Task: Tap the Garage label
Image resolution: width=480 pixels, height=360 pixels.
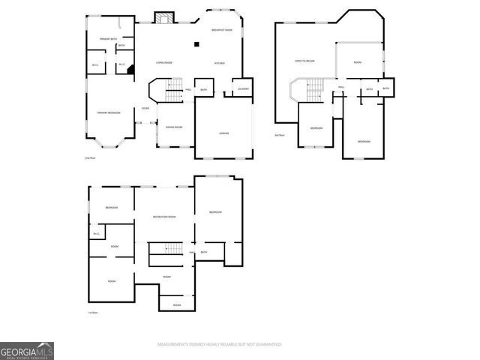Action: (x=223, y=133)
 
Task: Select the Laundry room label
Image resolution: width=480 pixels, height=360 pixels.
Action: (x=242, y=89)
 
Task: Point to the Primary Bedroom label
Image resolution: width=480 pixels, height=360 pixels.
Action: (x=108, y=112)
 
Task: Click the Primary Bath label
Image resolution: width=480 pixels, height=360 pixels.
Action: (x=109, y=38)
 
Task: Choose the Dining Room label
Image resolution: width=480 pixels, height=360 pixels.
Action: (x=173, y=127)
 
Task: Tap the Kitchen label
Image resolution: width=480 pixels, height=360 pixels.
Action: (x=220, y=62)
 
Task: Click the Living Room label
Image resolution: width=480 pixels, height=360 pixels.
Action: (x=165, y=62)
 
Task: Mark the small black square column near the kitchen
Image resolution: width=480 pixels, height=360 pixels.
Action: (x=196, y=44)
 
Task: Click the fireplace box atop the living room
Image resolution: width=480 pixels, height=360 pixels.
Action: (x=163, y=17)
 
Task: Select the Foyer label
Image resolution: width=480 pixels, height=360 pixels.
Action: (x=145, y=108)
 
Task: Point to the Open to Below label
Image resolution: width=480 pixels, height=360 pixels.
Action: (x=304, y=60)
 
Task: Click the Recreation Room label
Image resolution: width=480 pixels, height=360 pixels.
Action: (x=164, y=217)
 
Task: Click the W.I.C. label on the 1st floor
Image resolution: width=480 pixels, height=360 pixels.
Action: (x=96, y=234)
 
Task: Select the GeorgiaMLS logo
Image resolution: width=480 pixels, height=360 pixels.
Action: (x=27, y=350)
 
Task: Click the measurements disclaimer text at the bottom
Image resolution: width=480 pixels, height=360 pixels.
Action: (x=219, y=344)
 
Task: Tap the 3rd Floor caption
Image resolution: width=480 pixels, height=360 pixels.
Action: (x=280, y=135)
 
